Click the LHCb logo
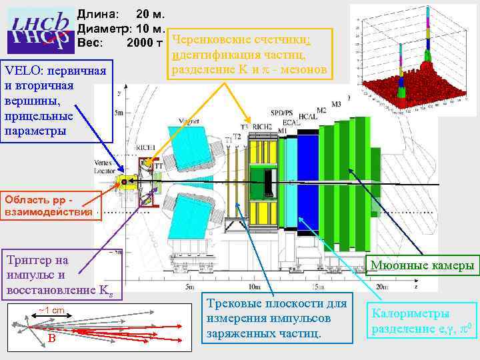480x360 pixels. click(39, 30)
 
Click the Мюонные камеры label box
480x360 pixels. click(423, 267)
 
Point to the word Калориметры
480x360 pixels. click(410, 313)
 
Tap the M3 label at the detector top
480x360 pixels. click(335, 104)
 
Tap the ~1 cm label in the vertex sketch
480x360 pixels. click(51, 310)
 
